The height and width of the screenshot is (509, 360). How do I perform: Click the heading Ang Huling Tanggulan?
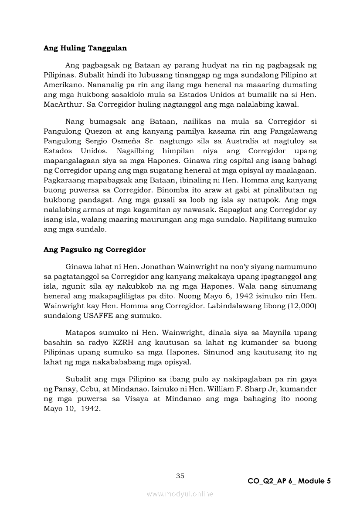coord(85,48)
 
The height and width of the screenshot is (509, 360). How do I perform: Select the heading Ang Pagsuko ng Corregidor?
coord(95,249)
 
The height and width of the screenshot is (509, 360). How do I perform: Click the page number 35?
coord(180,475)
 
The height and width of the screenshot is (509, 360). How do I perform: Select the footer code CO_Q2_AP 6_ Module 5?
coord(289,481)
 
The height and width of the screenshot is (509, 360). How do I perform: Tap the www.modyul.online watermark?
coord(180,494)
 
